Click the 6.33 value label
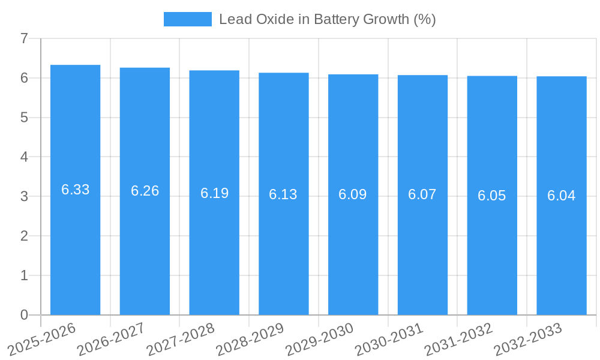(76, 190)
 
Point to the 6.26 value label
(145, 191)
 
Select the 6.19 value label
(214, 193)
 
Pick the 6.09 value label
(353, 194)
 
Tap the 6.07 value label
(422, 194)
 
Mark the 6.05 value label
(492, 196)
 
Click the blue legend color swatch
(188, 19)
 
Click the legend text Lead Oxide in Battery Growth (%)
(327, 19)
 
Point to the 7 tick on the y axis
(24, 38)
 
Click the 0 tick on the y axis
(24, 315)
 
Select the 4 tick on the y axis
(24, 157)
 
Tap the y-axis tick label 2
(24, 236)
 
